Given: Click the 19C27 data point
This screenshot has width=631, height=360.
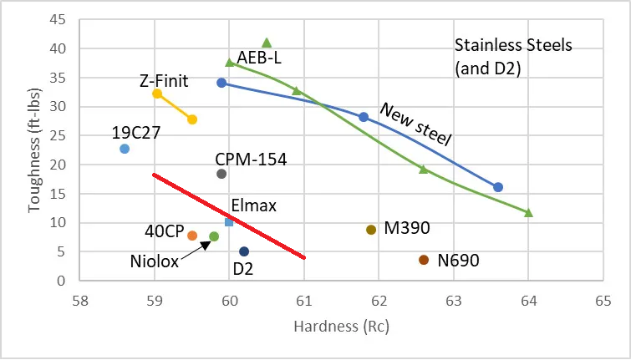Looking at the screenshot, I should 125,149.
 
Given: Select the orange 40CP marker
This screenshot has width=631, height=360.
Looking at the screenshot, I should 192,236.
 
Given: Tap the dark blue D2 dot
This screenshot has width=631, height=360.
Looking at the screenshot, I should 244,251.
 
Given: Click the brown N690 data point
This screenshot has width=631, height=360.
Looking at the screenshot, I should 424,260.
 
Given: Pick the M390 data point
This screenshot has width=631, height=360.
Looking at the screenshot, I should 371,230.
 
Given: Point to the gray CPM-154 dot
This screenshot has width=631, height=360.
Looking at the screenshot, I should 221,174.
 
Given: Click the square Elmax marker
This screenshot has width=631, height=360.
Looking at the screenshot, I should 229,222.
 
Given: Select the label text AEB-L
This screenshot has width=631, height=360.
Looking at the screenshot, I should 261,58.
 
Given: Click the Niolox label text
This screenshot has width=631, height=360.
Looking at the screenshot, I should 155,261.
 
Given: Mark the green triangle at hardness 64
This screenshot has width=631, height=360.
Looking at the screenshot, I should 528,213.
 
